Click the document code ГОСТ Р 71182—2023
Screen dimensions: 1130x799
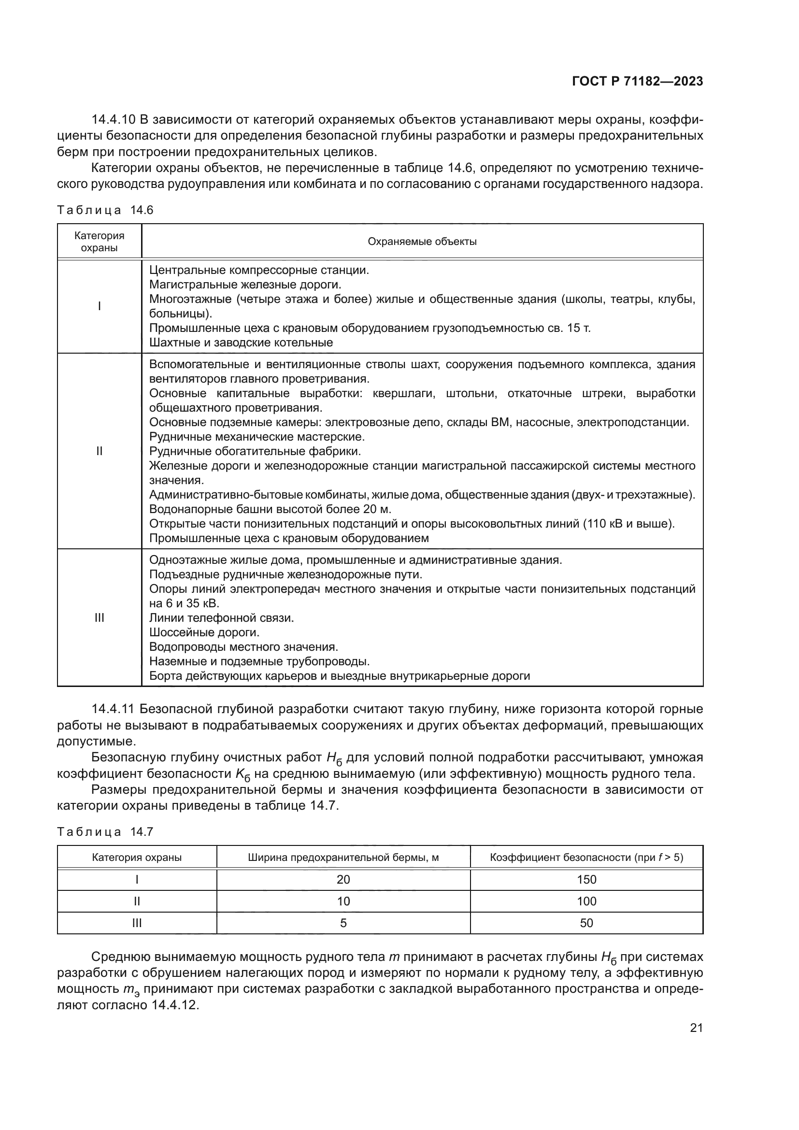tap(638, 81)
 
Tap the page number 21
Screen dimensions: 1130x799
tap(696, 1028)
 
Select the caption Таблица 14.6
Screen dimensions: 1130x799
tap(105, 210)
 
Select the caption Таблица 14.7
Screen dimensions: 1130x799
tap(105, 832)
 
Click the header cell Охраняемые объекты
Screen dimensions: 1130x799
tap(422, 242)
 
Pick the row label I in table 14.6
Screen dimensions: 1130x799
tap(100, 306)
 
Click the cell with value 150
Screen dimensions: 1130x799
tap(586, 879)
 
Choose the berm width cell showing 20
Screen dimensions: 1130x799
tap(343, 879)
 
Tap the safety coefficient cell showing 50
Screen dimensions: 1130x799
tap(586, 923)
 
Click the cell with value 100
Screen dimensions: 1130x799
tap(586, 901)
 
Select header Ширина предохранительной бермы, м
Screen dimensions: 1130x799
tap(343, 858)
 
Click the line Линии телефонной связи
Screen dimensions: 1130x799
tap(221, 618)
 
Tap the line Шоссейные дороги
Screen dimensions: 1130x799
tap(204, 632)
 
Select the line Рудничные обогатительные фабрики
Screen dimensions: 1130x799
tap(255, 451)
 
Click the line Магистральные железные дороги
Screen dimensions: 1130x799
tap(245, 285)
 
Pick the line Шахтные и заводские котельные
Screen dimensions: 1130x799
tap(241, 343)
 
